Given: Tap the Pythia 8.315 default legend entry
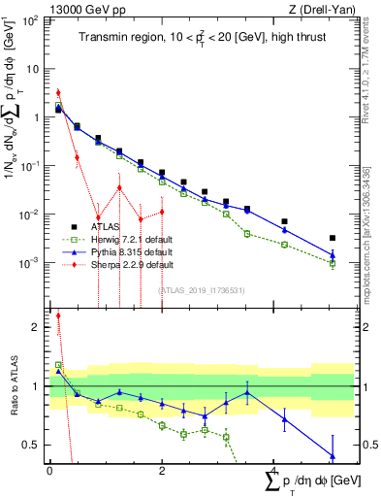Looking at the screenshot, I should coord(122,251).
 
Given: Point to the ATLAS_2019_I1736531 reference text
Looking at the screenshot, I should coord(201,289).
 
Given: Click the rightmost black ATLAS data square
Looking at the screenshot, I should coord(333,238).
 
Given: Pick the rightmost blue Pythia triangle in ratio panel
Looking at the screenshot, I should coord(333,455).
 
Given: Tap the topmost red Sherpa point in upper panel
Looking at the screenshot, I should coord(58,93).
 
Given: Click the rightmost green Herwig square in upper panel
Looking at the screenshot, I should coord(333,263).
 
